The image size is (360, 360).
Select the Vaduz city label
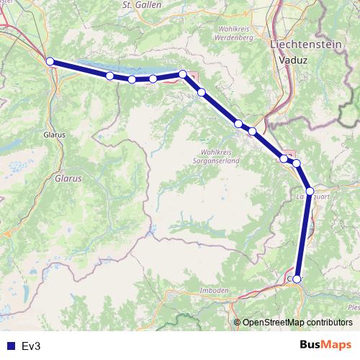pos(296,61)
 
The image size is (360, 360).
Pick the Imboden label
pos(213,290)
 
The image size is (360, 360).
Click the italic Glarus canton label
pos(69,176)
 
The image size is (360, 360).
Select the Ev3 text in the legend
pos(32,346)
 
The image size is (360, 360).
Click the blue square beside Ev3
pos(10,346)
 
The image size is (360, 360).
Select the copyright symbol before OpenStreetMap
pos(238,322)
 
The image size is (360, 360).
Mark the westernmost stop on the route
pos(50,61)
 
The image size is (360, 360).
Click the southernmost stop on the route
pos(297,278)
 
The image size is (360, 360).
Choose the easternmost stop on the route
pos(310,191)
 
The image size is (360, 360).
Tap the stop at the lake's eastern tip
pos(183,73)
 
